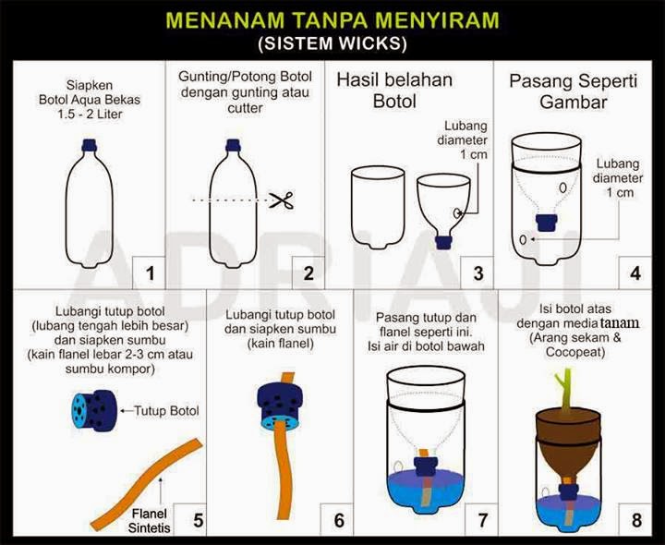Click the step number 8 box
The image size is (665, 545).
click(635, 520)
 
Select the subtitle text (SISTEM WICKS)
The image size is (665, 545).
click(332, 43)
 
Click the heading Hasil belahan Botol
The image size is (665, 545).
click(393, 91)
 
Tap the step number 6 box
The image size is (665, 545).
click(338, 520)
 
